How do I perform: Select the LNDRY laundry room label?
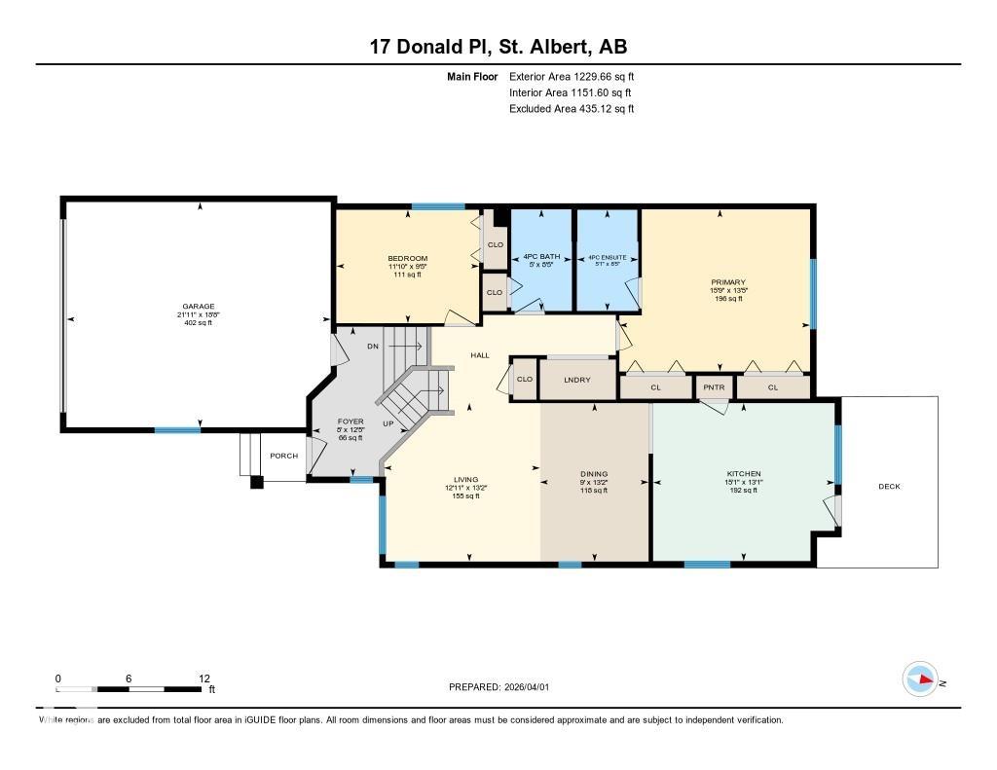coord(578,380)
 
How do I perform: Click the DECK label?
coord(889,487)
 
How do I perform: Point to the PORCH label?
coord(284,456)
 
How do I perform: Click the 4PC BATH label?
coord(542,258)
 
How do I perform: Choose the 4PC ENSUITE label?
coord(608,258)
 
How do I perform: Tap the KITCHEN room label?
coord(743,473)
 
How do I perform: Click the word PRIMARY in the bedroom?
coord(726,282)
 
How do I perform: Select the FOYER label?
coord(350,422)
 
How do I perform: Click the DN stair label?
coord(372,347)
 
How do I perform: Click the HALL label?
coord(480,355)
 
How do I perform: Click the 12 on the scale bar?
coord(203,678)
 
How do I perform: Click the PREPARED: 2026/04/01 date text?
coord(498,687)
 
